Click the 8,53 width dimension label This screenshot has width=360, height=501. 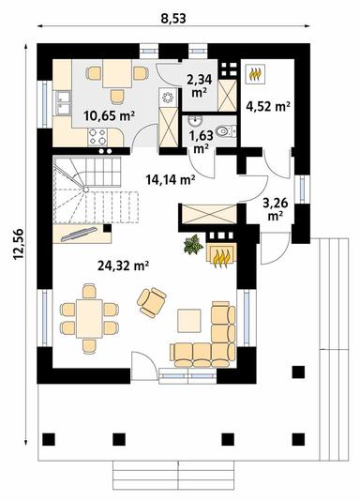tap(173, 18)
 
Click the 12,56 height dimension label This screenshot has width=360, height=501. tap(18, 244)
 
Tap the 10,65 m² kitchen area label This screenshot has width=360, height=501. tap(109, 115)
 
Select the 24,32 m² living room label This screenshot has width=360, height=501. tap(124, 266)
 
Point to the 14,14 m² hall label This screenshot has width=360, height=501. tap(171, 180)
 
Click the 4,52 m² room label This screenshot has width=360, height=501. tap(268, 106)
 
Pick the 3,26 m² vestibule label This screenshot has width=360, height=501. tap(276, 208)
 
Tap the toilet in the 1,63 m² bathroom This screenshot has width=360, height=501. tap(226, 131)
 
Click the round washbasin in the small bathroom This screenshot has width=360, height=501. tap(194, 120)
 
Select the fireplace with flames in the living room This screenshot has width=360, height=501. tap(222, 254)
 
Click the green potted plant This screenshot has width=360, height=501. tap(193, 245)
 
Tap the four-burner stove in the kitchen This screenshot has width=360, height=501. tap(97, 137)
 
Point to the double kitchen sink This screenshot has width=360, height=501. tap(63, 102)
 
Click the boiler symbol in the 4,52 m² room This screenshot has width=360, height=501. tap(255, 74)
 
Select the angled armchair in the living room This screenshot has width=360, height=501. tap(152, 302)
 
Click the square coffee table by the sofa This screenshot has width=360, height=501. tap(189, 321)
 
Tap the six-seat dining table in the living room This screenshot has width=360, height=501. tap(89, 319)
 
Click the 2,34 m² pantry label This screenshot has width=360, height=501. tap(200, 85)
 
